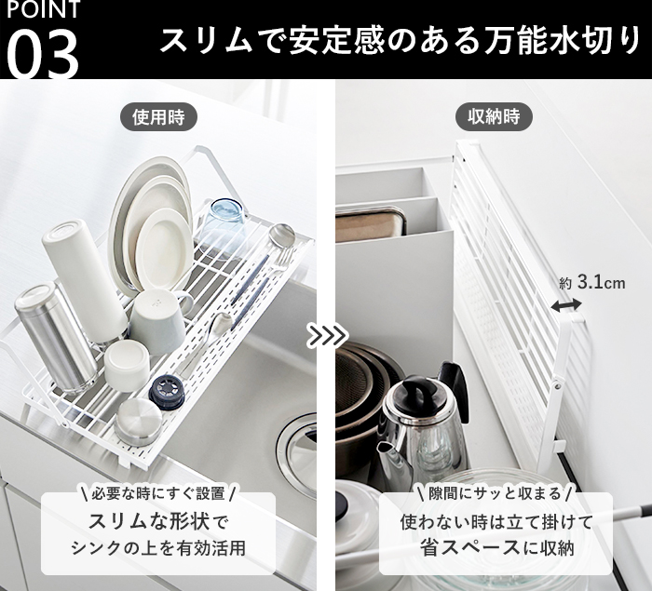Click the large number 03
[x=43, y=54]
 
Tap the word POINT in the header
[x=43, y=9]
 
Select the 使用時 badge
[x=158, y=116]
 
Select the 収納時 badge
[x=494, y=116]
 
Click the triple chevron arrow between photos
[x=328, y=335]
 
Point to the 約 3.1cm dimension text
[x=591, y=284]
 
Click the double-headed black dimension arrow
[x=566, y=306]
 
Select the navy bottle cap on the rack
[x=167, y=393]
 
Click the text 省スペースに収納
[x=496, y=547]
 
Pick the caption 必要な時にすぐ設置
[x=158, y=494]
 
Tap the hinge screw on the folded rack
[x=558, y=386]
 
